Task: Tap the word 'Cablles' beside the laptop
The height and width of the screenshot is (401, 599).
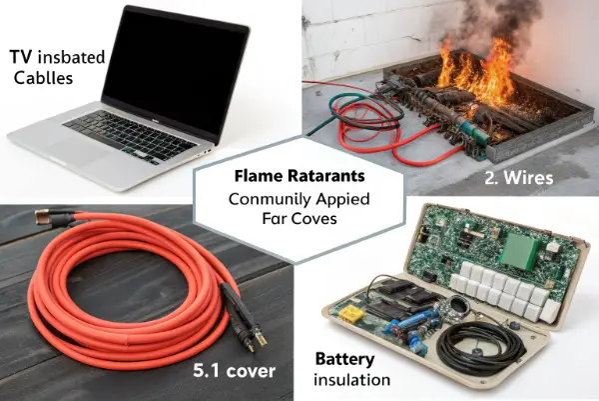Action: point(43,78)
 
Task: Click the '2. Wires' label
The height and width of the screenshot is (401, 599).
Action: point(519,178)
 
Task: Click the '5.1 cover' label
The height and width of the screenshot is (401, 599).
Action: point(235,371)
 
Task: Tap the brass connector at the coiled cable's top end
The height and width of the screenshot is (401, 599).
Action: point(43,217)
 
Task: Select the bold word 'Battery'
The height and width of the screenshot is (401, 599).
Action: point(344,359)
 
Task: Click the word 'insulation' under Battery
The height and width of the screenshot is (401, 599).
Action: point(351,380)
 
